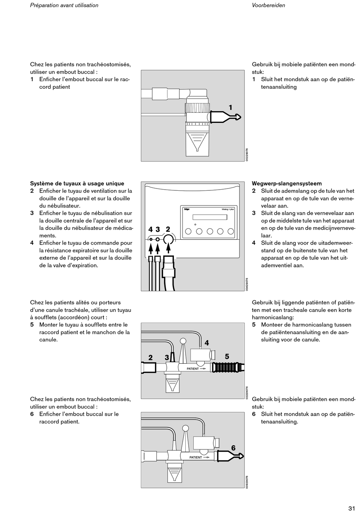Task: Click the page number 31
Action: pos(351,509)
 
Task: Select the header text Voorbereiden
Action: pos(268,5)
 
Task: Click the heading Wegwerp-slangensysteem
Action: pos(287,184)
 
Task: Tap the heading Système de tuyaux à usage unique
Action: pos(77,184)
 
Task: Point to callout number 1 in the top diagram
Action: pos(230,108)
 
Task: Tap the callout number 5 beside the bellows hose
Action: pos(227,357)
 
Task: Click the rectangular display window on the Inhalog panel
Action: pos(210,217)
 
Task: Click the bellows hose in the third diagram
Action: pos(226,368)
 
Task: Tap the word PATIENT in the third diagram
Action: pos(193,369)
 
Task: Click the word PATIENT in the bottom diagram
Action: pos(196,457)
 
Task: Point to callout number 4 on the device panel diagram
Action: pos(150,229)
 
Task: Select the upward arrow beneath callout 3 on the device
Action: pos(158,249)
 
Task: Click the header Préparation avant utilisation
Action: pos(64,5)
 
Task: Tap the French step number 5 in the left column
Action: pos(32,325)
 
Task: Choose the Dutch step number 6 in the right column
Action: pos(254,414)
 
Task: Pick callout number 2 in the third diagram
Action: pos(150,358)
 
